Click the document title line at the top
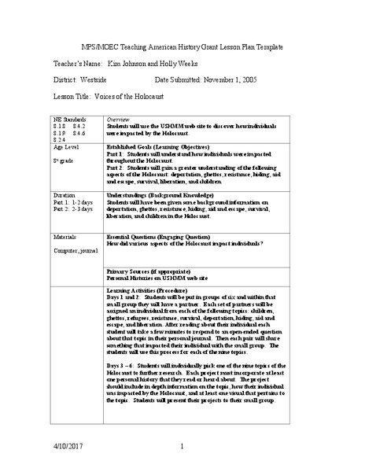click(x=182, y=46)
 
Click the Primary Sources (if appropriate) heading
click(x=147, y=271)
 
